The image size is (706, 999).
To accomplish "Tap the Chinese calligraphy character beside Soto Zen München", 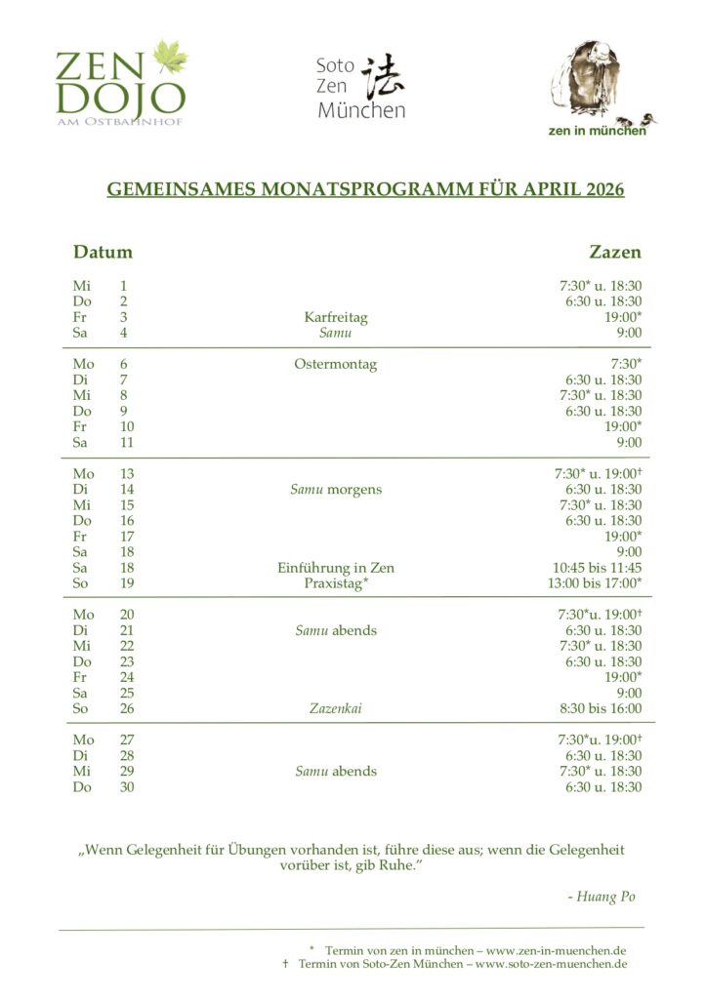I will click(x=383, y=77).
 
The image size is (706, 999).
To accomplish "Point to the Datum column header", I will click(x=103, y=252).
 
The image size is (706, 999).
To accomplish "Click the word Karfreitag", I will click(x=336, y=317).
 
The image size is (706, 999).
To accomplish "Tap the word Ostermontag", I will click(x=335, y=365).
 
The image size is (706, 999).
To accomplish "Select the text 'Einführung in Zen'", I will click(x=336, y=568).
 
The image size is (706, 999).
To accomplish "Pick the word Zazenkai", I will click(x=335, y=708).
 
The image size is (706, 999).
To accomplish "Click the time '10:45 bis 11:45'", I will click(x=598, y=568).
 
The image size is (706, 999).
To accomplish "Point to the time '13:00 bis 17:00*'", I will click(x=595, y=583).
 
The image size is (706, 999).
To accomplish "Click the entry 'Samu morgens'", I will click(x=336, y=490).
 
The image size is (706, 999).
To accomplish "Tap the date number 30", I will click(x=127, y=786).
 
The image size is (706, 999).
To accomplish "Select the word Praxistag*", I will click(x=336, y=583).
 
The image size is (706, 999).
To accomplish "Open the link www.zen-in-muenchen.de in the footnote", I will click(x=557, y=949).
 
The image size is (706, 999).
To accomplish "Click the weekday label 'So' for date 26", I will click(x=82, y=708).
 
